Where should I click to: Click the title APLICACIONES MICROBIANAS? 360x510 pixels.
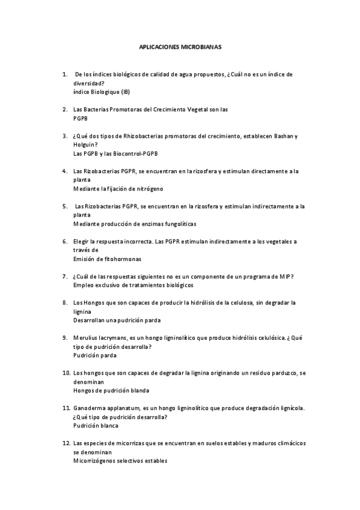pos(180,46)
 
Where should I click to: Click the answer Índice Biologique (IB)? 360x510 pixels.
pos(101,92)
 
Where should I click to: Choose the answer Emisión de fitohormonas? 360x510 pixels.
pos(107,259)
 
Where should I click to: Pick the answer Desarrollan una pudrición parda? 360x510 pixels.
pos(117,320)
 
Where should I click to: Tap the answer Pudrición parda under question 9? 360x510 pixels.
pos(94,355)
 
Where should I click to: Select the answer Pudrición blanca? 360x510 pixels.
pos(96,425)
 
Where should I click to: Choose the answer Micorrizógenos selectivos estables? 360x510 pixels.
pos(120,461)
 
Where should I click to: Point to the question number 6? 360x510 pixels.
pos(65,241)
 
